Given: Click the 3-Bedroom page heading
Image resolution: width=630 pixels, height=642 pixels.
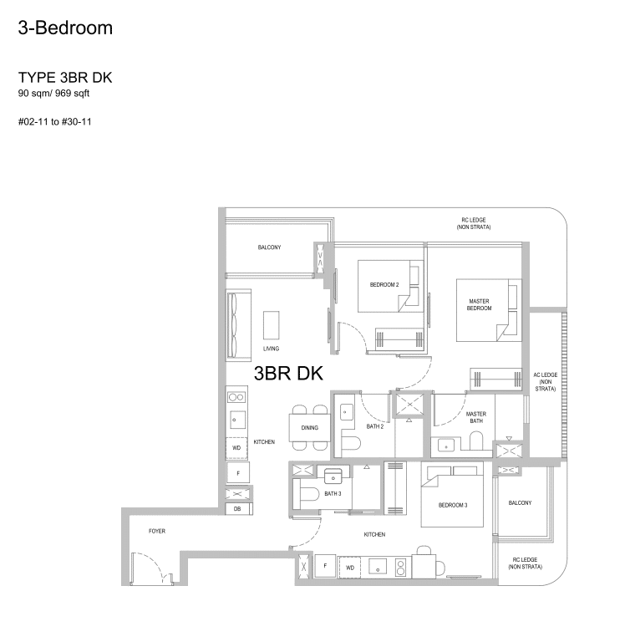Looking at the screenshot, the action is (65, 28).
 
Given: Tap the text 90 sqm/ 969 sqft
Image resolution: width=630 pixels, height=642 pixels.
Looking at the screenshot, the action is (53, 94).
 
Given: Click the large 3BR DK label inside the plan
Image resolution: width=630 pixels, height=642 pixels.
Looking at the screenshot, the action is (287, 373).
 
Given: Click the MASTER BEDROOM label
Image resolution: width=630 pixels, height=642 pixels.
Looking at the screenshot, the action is (479, 304).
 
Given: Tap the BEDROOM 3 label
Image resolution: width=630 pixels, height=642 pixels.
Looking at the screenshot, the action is (454, 505).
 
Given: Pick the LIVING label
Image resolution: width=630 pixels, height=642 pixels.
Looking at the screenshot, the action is (271, 349).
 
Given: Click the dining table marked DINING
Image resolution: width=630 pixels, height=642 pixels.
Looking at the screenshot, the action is (309, 427).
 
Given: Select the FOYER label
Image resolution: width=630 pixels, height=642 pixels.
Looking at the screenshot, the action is (156, 531).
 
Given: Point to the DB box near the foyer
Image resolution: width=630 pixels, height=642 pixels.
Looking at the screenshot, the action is (237, 508).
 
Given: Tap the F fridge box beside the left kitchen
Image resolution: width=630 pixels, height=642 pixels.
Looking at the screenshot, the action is (238, 473).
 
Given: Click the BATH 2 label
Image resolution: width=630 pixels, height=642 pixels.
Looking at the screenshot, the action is (374, 426).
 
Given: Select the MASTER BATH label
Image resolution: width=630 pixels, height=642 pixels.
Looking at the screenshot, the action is (475, 417).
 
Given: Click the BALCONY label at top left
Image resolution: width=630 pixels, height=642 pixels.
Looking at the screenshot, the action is (269, 247).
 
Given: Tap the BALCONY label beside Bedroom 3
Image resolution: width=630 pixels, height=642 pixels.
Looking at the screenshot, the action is (520, 502).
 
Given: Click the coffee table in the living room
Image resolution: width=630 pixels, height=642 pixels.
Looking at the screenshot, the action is (272, 324).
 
